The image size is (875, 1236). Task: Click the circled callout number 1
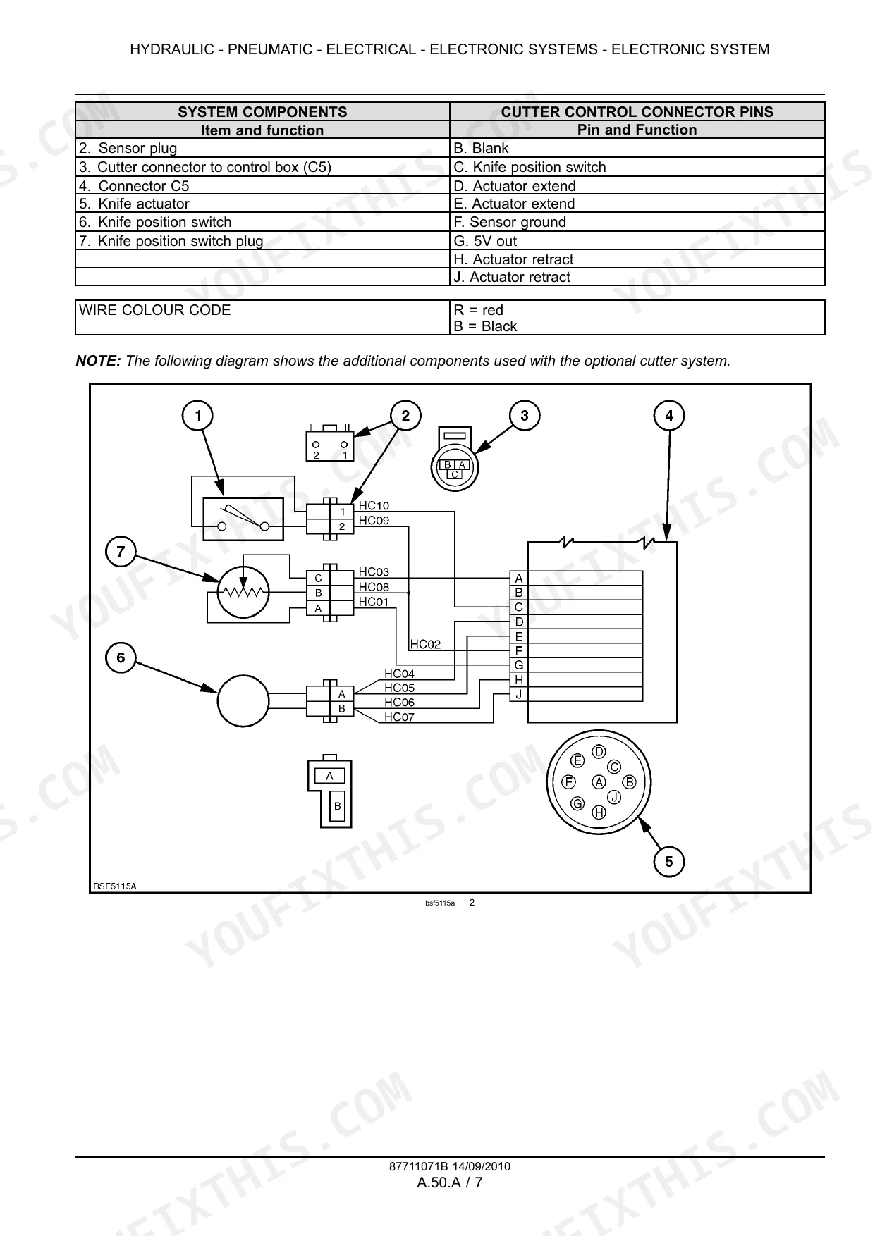(198, 416)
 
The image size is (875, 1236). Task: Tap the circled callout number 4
(669, 416)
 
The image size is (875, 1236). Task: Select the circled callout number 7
(121, 551)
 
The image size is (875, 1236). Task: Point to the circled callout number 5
(669, 861)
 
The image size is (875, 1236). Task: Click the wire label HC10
(374, 505)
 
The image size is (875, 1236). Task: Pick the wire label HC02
(425, 644)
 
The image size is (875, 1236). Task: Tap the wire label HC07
(399, 717)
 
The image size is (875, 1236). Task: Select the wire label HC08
(374, 587)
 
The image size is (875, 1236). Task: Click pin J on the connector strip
(519, 694)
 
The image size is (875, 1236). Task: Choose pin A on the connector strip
(519, 579)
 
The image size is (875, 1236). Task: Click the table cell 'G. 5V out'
(637, 241)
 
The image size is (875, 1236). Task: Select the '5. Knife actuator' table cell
(262, 204)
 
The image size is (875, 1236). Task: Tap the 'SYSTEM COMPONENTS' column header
(262, 112)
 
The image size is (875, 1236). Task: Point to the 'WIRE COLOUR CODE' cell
(262, 318)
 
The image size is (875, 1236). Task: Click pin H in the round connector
(599, 812)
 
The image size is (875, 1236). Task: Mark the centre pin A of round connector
(599, 781)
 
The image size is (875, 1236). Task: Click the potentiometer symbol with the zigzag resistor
(243, 592)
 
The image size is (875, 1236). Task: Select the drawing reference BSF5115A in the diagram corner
(115, 886)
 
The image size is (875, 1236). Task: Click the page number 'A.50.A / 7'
(450, 1182)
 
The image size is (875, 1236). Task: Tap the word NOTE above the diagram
(99, 361)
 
